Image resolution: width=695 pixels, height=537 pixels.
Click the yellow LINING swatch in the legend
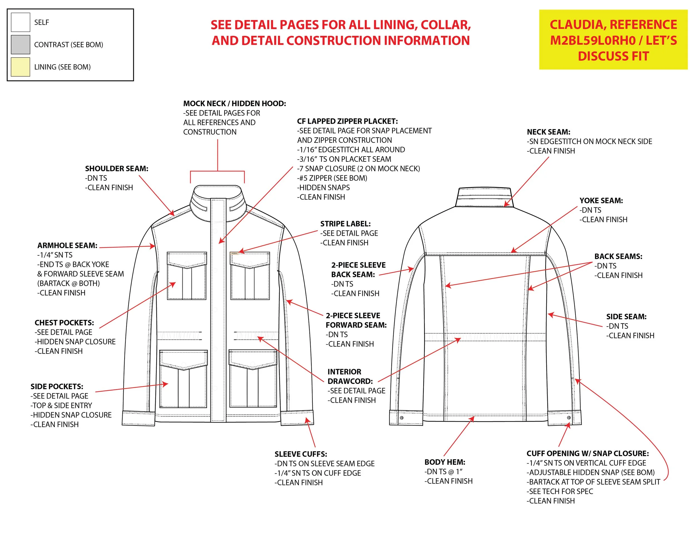coord(20,67)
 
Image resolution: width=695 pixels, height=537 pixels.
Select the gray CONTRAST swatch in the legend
coord(20,44)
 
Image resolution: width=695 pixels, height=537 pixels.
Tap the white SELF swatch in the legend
coord(20,22)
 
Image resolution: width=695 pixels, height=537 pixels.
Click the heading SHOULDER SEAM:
coord(116,169)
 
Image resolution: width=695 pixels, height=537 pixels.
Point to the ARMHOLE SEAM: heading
coord(67,245)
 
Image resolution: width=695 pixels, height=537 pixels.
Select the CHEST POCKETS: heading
coord(64,323)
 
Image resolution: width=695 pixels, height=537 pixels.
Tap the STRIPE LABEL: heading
coord(345,224)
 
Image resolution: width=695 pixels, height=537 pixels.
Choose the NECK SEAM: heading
coord(548,132)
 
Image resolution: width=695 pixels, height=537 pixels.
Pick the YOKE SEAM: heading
coord(601,200)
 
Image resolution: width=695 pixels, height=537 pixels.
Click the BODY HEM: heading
coord(445,462)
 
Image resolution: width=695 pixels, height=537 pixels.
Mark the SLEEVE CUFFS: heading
coord(301,454)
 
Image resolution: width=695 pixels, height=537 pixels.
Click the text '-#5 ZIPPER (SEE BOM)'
coord(332,178)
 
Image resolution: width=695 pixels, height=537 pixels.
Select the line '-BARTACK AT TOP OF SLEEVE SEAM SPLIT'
coord(593,482)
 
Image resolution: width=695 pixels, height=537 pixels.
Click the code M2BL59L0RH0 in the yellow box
coord(592,40)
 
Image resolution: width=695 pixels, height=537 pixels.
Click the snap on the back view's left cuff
coord(402,418)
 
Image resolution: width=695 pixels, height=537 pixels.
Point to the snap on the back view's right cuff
coord(569,417)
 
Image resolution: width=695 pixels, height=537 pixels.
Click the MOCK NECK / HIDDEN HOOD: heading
coord(235,103)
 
